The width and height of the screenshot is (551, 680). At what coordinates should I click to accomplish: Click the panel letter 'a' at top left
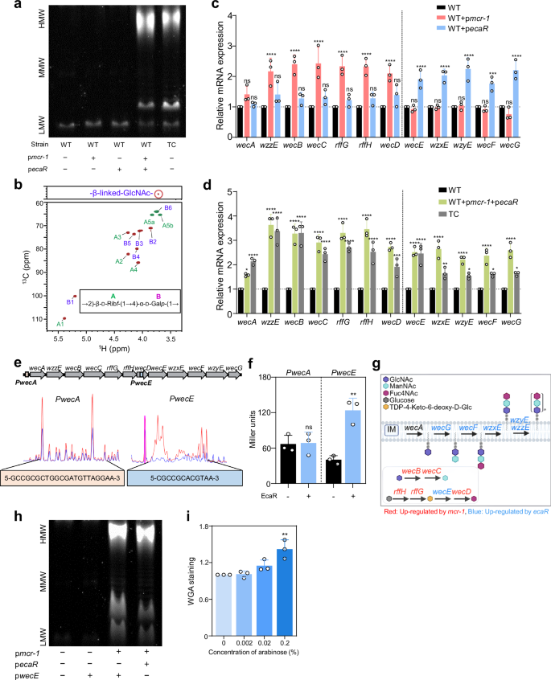coord(6,6)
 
